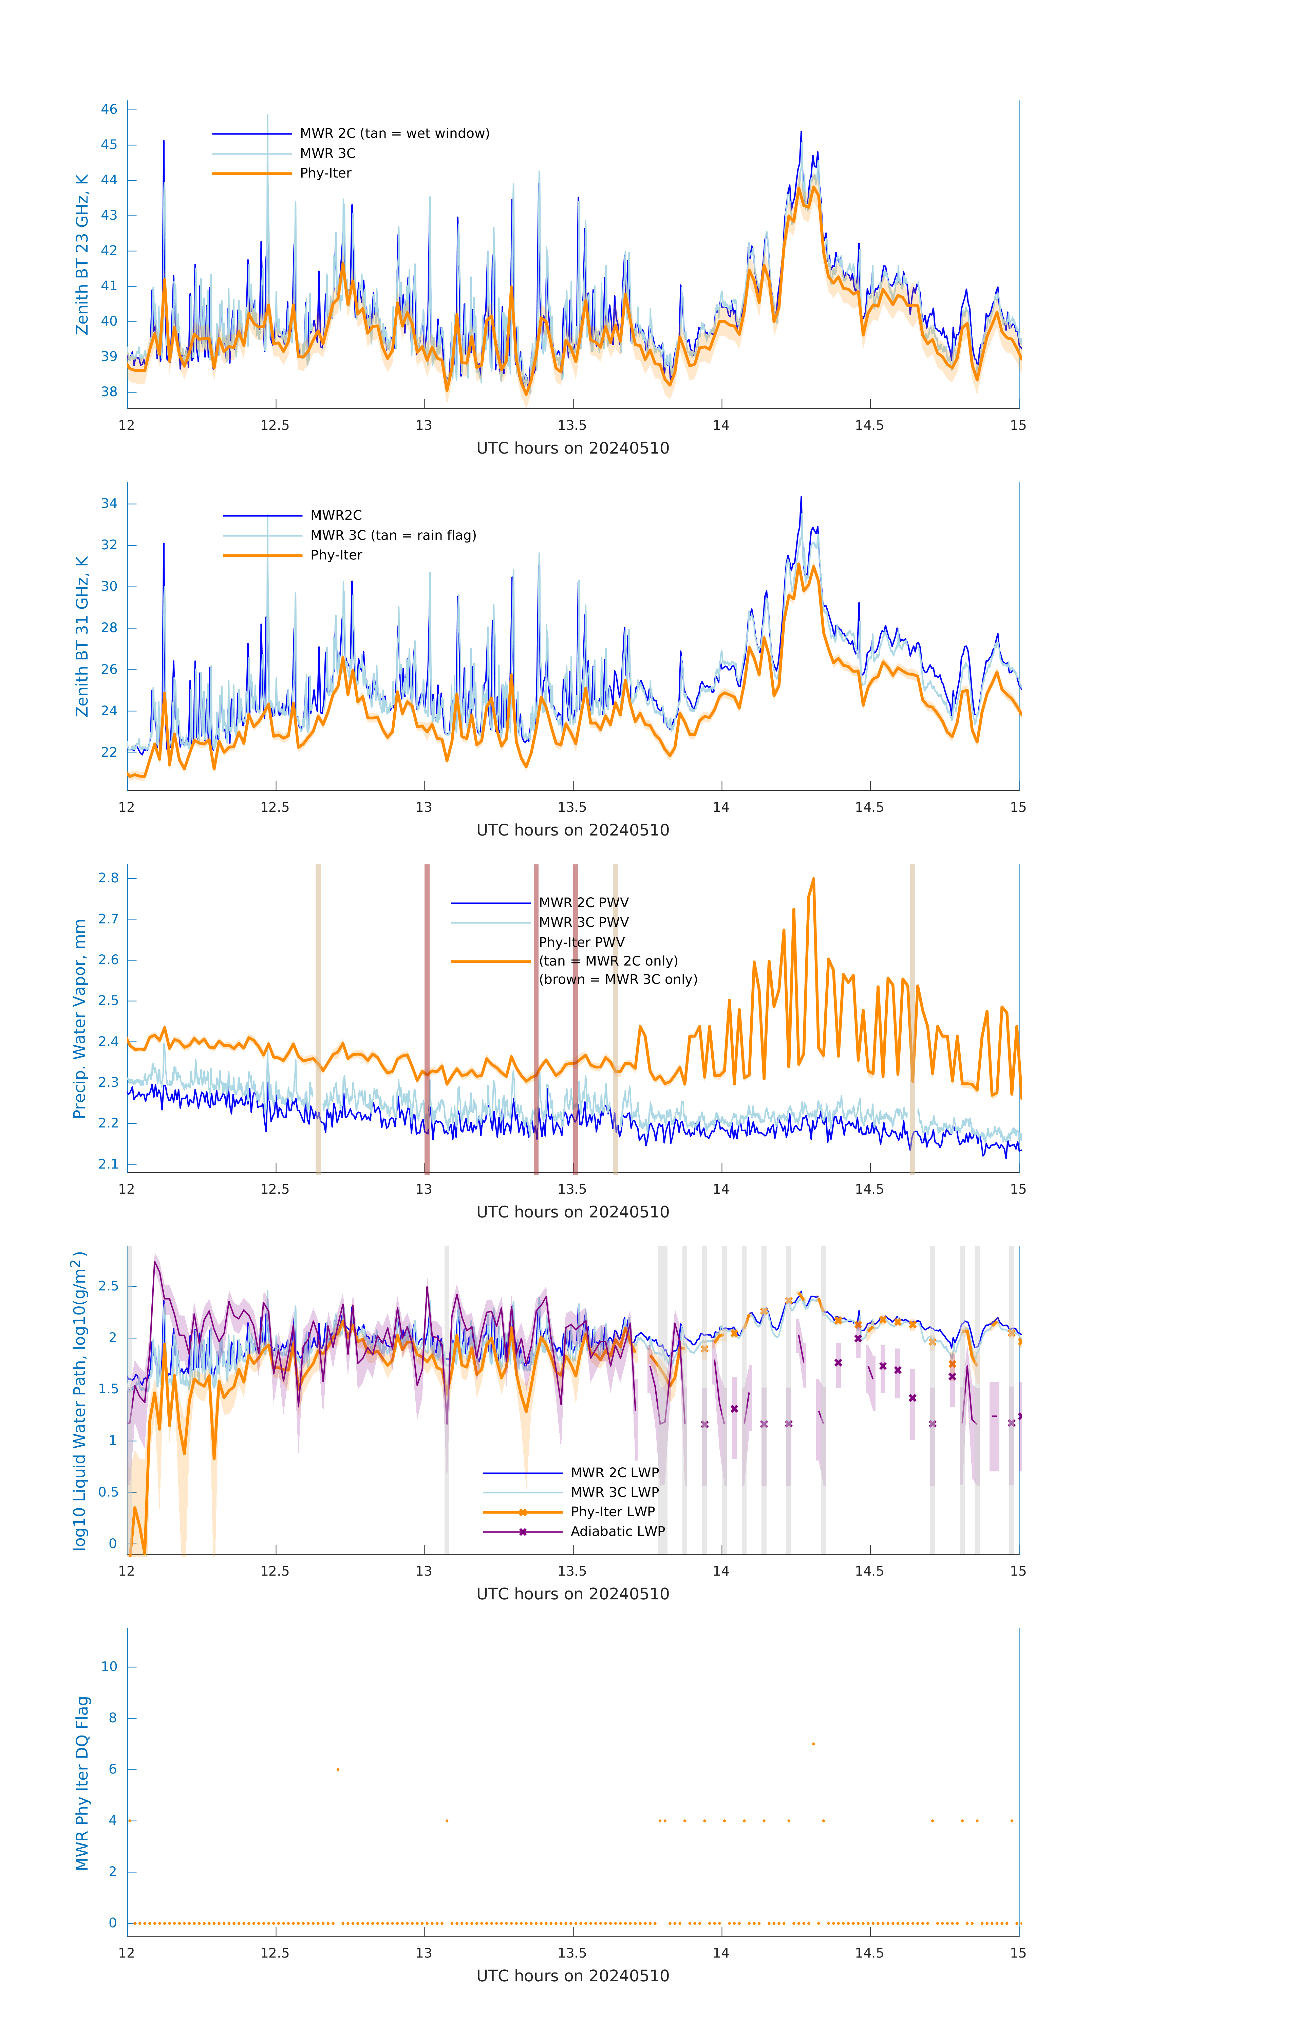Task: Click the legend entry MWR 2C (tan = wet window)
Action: (394, 134)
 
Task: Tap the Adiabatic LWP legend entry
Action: (617, 1531)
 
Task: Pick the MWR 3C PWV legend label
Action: (583, 922)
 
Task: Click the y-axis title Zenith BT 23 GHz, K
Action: (82, 255)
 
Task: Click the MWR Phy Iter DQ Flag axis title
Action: (82, 1783)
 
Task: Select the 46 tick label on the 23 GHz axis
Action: (109, 109)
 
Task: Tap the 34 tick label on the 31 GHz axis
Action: (109, 503)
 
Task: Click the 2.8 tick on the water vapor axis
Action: (108, 878)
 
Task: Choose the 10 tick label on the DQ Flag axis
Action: (109, 1667)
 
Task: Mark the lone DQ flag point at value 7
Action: (813, 1743)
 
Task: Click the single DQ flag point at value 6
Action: (338, 1769)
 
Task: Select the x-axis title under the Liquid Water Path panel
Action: (572, 1594)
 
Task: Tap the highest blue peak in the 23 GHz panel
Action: (801, 132)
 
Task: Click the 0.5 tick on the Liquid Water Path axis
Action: (108, 1491)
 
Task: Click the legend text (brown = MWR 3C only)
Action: (618, 979)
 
